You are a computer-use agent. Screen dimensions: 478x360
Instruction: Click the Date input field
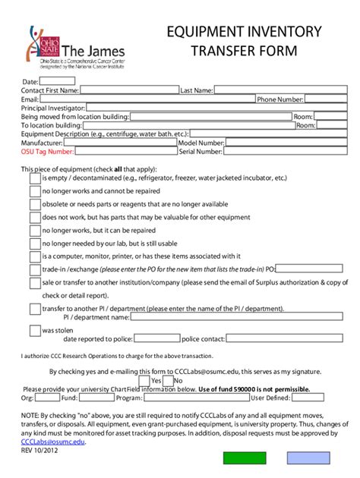point(57,80)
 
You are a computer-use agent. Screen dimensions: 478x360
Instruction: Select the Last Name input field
point(267,90)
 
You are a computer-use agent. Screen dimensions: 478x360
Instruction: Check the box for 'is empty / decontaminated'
point(35,178)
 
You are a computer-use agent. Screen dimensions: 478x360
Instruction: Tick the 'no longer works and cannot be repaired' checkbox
point(35,191)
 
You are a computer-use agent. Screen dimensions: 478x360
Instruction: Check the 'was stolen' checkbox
point(35,330)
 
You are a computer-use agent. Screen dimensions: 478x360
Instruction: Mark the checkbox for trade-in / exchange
point(35,269)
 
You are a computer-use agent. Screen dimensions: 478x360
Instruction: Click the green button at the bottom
point(245,458)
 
